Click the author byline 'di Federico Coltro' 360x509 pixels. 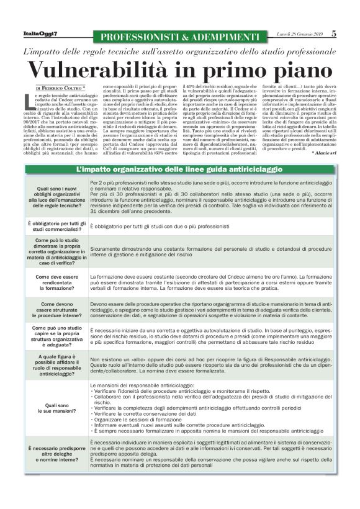pyautogui.click(x=60, y=88)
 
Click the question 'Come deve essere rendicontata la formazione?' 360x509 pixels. pyautogui.click(x=56, y=282)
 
